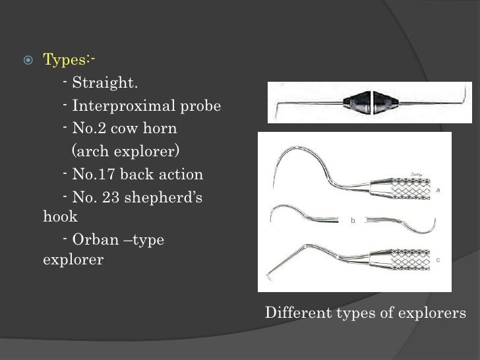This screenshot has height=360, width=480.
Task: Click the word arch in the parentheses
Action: [92, 153]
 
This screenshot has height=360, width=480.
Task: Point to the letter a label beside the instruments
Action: [439, 190]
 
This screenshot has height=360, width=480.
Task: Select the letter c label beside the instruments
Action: [438, 260]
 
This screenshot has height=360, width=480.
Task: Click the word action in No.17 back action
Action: [182, 175]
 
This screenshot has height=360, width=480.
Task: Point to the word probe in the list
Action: [202, 107]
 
